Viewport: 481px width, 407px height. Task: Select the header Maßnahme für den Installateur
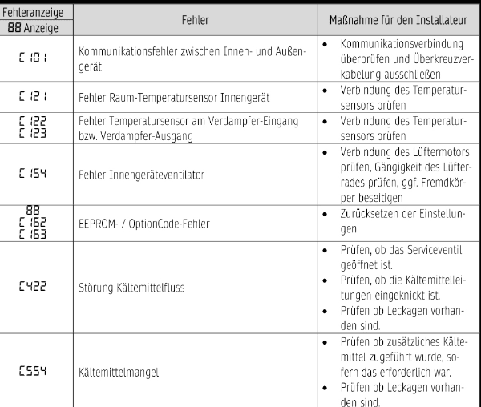click(x=398, y=17)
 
